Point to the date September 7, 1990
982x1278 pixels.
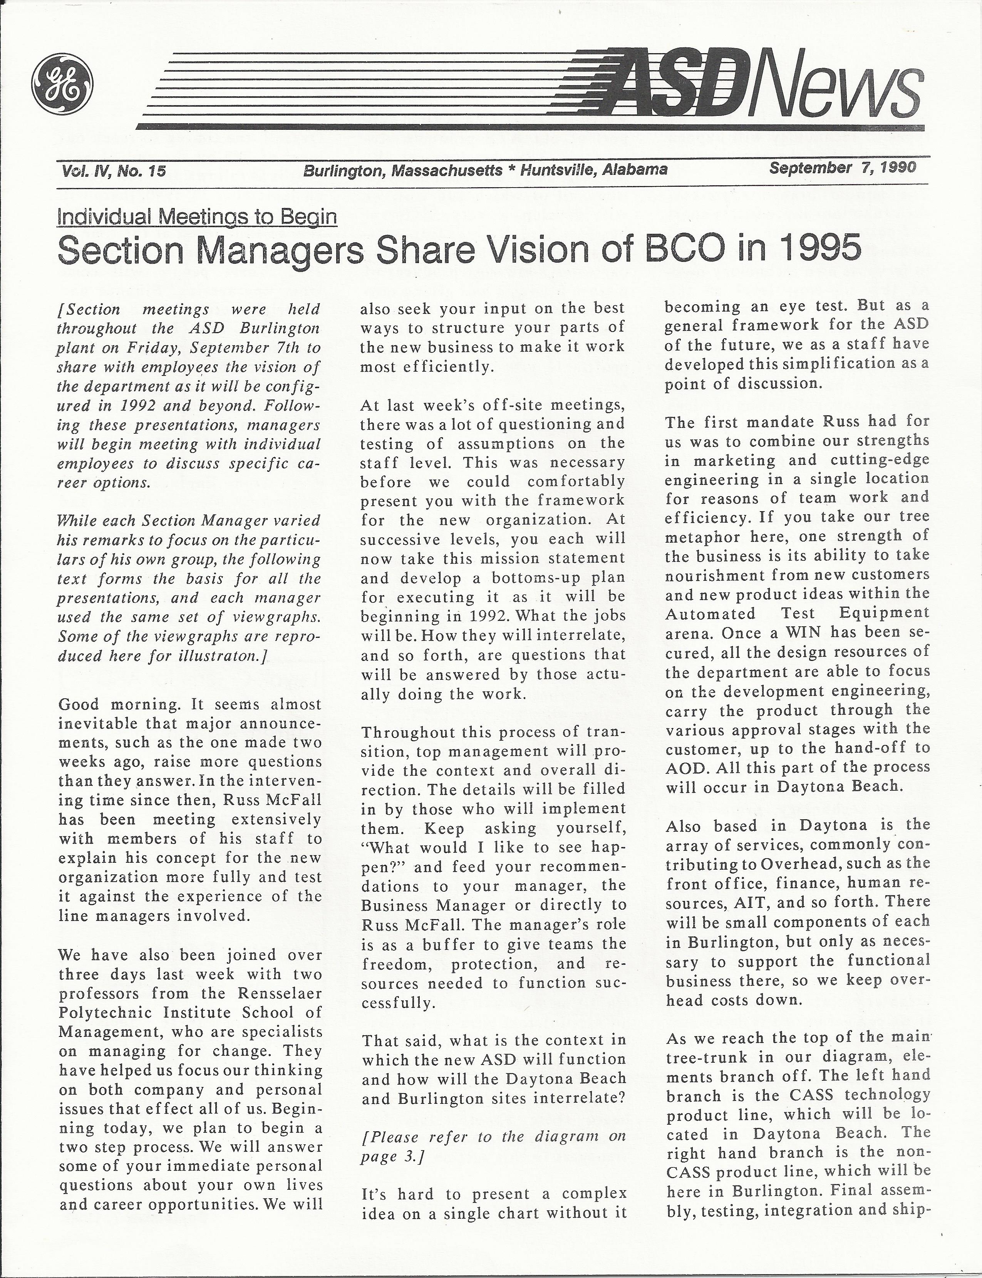coord(842,168)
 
